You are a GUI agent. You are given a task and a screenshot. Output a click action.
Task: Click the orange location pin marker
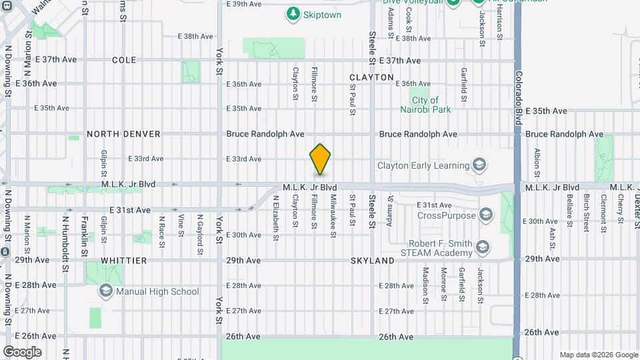[320, 160]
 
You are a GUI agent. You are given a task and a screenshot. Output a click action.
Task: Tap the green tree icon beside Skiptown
[292, 13]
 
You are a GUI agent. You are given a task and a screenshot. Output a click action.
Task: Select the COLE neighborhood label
[124, 60]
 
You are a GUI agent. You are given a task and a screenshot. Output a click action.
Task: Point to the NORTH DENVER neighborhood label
[123, 134]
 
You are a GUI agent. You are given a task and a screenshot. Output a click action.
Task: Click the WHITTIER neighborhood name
[123, 261]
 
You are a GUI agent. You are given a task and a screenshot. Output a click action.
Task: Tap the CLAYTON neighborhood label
[371, 77]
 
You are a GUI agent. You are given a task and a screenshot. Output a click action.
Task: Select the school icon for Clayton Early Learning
[478, 165]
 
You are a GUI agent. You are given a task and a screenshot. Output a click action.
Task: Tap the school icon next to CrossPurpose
[486, 215]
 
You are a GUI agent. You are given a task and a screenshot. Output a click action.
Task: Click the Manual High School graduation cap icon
[105, 291]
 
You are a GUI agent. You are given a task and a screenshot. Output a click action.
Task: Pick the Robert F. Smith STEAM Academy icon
[483, 249]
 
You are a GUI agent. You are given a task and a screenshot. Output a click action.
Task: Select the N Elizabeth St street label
[275, 217]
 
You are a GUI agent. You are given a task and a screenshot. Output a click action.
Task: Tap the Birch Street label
[587, 212]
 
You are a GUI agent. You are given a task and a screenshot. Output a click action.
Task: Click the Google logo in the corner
[22, 352]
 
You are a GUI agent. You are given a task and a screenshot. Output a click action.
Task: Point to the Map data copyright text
[599, 355]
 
